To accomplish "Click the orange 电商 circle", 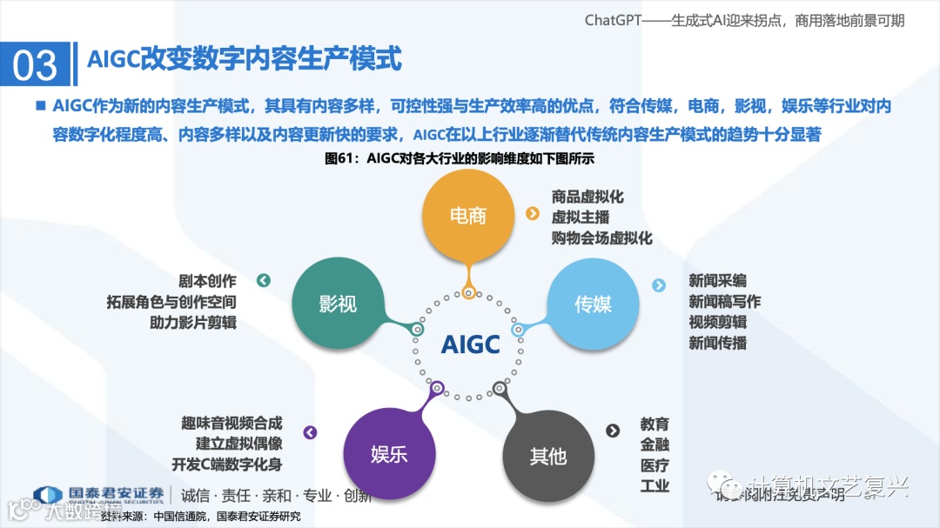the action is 467,216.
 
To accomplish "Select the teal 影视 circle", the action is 338,304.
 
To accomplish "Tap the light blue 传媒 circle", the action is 593,304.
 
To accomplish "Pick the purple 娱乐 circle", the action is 389,454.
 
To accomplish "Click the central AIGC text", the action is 470,344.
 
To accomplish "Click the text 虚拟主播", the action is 581,217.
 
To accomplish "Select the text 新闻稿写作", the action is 724,302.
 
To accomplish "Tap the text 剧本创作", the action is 207,281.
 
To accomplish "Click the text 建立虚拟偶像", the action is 226,444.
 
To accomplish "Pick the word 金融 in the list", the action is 655,444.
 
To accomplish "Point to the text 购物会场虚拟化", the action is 601,237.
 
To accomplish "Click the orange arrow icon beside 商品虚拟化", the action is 532,214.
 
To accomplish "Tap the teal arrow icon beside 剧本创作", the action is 264,280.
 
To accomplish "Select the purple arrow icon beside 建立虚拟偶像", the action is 309,432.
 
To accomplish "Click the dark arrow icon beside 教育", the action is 613,431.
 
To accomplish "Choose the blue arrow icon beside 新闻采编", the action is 659,284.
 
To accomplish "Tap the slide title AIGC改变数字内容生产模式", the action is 245,59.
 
